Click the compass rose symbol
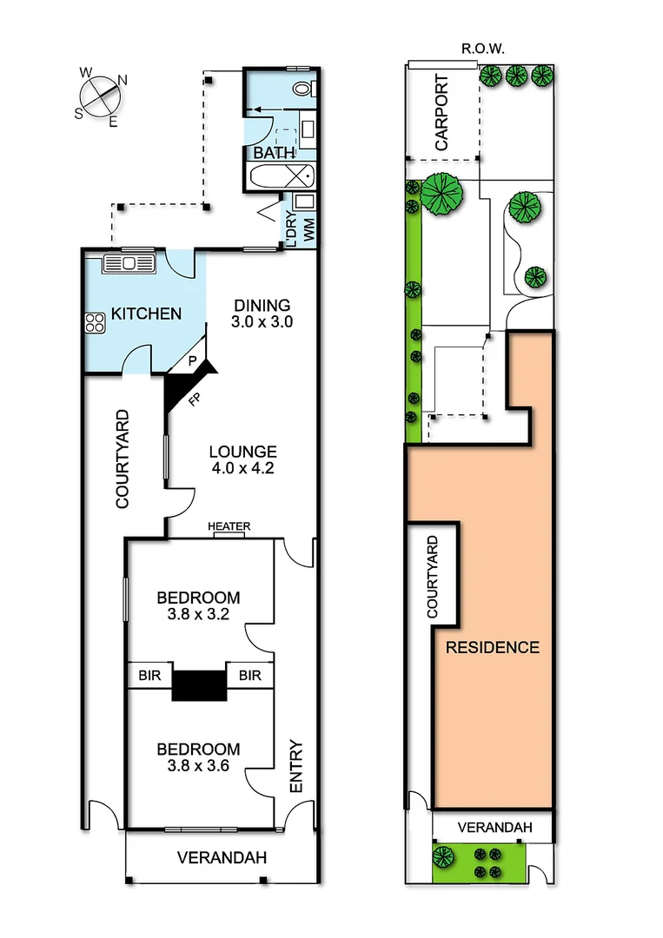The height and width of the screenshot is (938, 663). (x=102, y=93)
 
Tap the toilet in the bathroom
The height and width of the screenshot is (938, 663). (x=303, y=89)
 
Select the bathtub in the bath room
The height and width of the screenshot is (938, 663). (x=281, y=177)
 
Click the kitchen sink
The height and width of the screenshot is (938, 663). (x=128, y=261)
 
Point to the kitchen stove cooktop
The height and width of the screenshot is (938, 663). (x=95, y=323)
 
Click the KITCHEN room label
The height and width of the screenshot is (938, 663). (x=146, y=313)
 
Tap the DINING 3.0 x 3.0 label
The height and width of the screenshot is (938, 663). (x=262, y=313)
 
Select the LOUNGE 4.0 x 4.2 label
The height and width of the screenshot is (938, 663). (x=242, y=459)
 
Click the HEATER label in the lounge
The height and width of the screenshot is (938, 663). (x=229, y=527)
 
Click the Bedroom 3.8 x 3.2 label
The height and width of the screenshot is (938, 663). (x=198, y=605)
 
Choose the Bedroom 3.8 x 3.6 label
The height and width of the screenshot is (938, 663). (x=198, y=757)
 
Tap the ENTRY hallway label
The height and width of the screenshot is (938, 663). (x=295, y=766)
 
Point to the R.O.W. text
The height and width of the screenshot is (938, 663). (x=481, y=50)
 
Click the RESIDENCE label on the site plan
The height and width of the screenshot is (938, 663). (x=492, y=647)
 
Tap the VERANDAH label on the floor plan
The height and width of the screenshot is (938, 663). (x=221, y=857)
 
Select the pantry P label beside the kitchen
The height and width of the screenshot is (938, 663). (x=193, y=360)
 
